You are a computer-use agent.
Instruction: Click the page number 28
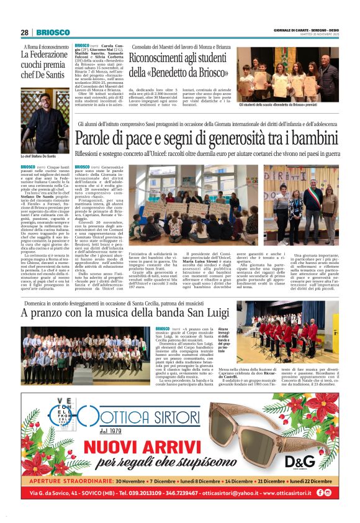click(24, 32)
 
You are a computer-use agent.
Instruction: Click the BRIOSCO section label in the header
click(48, 32)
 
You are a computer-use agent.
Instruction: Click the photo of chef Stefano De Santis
click(45, 125)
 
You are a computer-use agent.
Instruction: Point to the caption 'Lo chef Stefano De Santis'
click(38, 156)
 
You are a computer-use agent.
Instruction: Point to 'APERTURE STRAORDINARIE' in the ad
click(70, 481)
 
